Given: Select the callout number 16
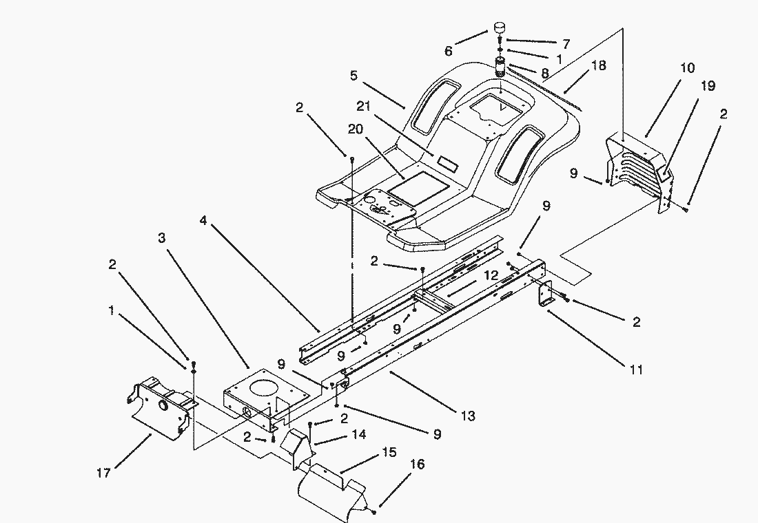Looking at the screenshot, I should tap(418, 465).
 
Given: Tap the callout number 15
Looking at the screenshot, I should tap(389, 453).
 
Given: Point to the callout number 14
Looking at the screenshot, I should tap(358, 435).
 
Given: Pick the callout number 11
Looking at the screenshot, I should tap(635, 370).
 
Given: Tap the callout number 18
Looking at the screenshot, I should tap(598, 65).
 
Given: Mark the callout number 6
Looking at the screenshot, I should tap(449, 51).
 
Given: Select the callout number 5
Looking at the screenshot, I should tap(354, 76).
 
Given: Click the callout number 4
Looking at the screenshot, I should tap(203, 220).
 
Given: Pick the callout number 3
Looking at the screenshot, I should tap(161, 238).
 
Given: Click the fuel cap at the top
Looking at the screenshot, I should tap(499, 29).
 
